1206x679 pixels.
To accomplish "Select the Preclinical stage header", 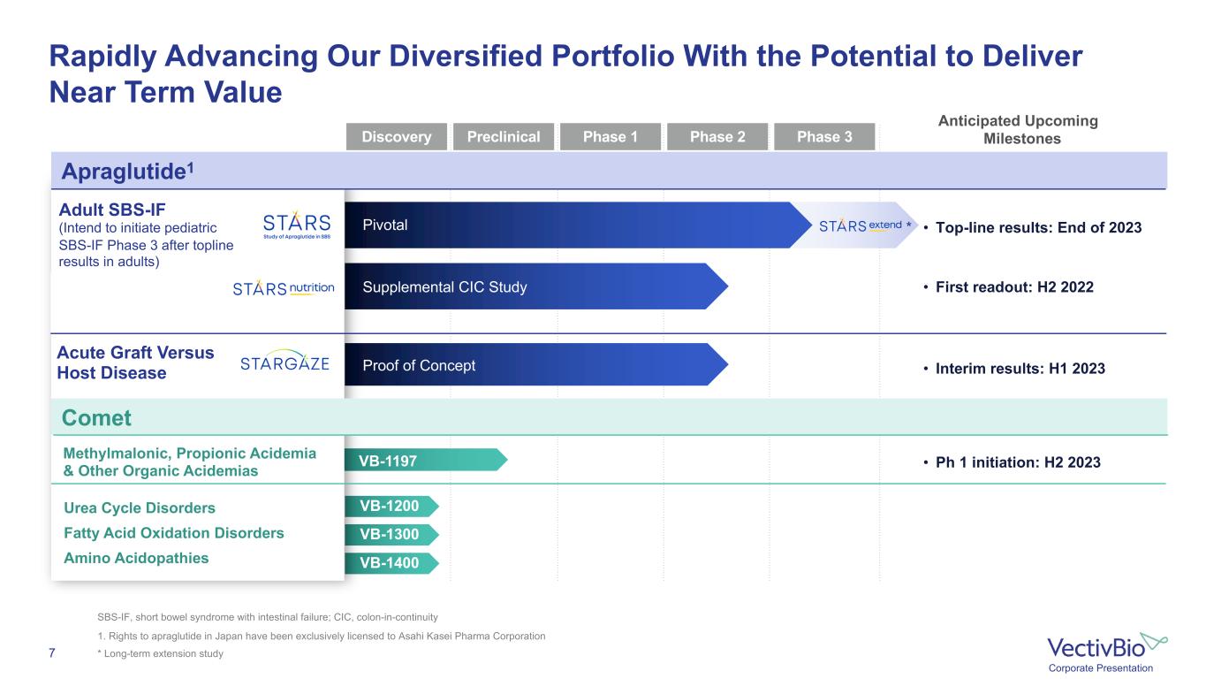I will [503, 137].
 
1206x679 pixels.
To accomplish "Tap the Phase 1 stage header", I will [610, 137].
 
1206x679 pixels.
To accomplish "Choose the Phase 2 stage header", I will [717, 137].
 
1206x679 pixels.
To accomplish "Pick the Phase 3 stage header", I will [824, 137].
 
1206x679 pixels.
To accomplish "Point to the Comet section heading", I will [97, 417].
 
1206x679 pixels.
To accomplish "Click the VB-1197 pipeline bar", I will [424, 460].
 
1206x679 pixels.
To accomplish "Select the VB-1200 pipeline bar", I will [391, 507].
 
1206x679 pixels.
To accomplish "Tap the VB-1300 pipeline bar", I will [391, 534].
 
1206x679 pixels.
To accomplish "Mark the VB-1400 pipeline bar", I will [391, 562].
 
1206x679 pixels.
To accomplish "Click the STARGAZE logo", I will [284, 362].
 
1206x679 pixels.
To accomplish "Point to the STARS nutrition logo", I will [284, 288].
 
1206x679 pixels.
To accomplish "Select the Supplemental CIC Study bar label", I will [444, 287].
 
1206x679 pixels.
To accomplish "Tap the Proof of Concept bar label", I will [419, 366].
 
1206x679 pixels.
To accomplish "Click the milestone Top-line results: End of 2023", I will [1038, 228].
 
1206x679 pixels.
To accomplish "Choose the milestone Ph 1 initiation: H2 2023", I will [1018, 462].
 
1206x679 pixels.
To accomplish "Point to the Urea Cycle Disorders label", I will [140, 508].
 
